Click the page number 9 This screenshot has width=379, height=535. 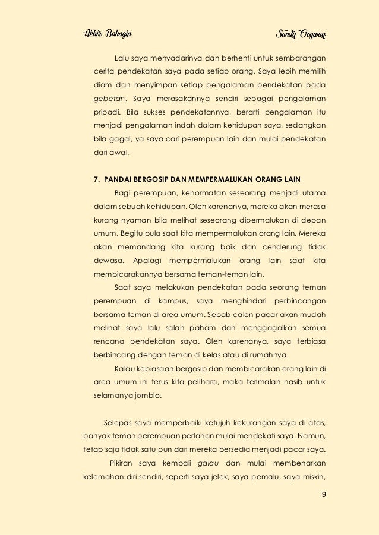tap(323, 496)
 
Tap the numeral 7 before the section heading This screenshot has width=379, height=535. tap(97, 178)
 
